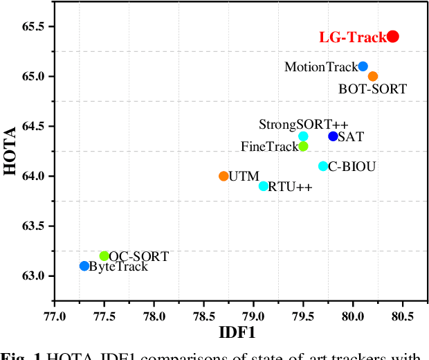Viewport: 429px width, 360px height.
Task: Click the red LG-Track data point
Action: point(393,37)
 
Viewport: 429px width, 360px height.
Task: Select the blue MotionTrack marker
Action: point(363,66)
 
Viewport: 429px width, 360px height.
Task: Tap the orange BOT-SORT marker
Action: point(373,76)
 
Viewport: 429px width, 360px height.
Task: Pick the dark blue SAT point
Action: point(334,136)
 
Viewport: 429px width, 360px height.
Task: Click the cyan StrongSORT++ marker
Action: point(303,136)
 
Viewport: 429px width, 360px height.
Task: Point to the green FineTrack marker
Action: point(303,146)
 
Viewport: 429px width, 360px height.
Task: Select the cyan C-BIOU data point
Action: point(323,166)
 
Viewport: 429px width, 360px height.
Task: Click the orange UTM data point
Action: point(223,176)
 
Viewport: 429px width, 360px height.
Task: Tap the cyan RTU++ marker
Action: point(264,186)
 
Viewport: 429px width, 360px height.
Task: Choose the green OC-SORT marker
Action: point(104,256)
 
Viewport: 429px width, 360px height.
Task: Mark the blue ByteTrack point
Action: point(84,266)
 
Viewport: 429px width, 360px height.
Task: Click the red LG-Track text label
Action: point(352,37)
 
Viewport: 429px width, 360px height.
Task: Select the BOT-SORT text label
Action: point(372,89)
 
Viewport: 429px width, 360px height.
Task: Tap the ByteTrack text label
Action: point(119,267)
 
